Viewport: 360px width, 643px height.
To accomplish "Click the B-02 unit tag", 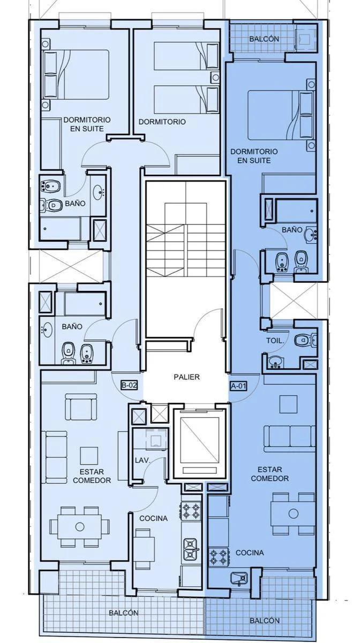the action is pos(129,385).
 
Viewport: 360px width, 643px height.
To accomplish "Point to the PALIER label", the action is pos(186,377).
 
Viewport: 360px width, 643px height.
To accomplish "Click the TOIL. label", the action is pos(275,341).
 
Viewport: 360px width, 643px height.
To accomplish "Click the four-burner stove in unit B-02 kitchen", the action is pos(190,511).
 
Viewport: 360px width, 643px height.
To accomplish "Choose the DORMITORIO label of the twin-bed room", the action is pos(162,122).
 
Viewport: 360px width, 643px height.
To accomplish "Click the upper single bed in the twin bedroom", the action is pos(186,56).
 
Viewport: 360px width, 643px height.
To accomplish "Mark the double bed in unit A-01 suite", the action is pos(280,115).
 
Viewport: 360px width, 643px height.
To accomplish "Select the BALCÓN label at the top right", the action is pos(264,39).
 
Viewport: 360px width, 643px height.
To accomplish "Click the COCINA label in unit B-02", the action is pos(154,518).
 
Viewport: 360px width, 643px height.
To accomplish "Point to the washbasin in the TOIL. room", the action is pos(275,362).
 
